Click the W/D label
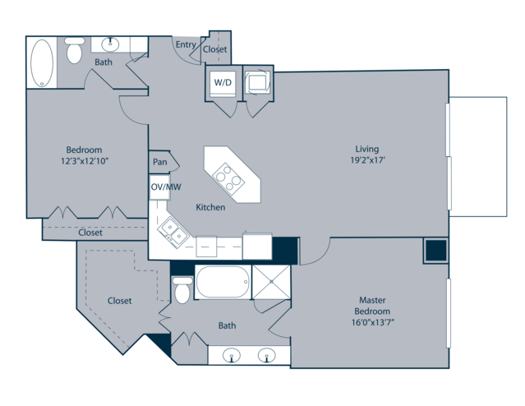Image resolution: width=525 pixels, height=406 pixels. tap(223, 82)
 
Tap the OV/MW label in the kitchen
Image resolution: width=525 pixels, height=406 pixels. tap(166, 187)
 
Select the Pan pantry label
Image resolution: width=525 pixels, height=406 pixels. tap(160, 162)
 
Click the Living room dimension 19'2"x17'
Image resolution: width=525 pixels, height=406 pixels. tap(367, 160)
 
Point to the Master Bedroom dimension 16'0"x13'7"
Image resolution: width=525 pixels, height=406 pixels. tap(372, 323)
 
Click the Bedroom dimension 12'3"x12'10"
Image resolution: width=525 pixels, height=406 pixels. tap(85, 161)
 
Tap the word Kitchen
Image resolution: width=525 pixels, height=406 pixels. tap(210, 207)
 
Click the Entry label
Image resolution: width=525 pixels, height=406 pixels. tap(186, 44)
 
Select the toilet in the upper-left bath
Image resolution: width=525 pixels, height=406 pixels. tap(74, 50)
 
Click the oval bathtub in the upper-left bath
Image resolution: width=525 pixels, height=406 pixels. tap(42, 63)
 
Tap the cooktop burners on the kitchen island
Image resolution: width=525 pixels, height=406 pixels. tap(228, 178)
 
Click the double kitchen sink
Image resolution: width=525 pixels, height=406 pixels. tap(173, 233)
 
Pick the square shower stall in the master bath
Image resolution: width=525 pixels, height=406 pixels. tap(271, 282)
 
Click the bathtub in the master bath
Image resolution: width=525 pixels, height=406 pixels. tap(223, 282)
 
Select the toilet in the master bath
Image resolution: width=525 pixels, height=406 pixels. tap(182, 290)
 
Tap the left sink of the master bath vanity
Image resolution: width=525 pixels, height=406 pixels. tap(232, 355)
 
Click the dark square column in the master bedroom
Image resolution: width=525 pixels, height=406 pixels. tap(436, 250)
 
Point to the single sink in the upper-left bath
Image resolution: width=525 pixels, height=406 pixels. tap(110, 44)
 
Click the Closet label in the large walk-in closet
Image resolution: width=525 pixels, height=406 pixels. tap(119, 301)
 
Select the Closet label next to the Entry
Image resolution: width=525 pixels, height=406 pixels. tap(215, 49)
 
